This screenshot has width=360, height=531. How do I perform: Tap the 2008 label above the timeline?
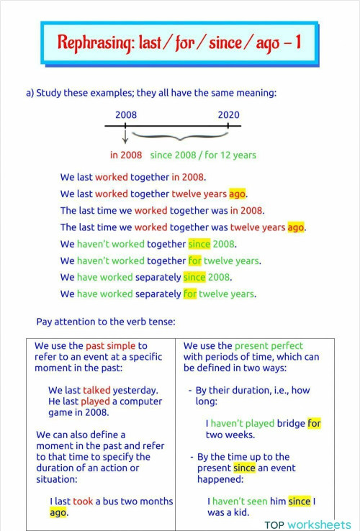coord(126,115)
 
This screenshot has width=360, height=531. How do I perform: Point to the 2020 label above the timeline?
coord(229,115)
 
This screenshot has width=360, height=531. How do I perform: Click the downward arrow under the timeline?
coord(125,136)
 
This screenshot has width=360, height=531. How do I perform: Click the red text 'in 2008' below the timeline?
coord(126,155)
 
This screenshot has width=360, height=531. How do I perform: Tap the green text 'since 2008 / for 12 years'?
coord(202,155)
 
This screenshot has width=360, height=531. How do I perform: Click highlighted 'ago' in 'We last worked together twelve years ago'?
coord(238,194)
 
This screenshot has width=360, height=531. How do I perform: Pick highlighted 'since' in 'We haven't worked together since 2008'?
coord(198,244)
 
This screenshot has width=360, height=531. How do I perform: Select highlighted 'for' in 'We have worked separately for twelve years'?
coord(189,294)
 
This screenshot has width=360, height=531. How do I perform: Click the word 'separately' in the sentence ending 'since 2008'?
coord(158,277)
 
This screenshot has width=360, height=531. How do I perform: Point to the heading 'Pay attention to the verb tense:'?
coord(106,321)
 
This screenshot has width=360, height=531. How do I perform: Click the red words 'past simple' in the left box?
coord(110,345)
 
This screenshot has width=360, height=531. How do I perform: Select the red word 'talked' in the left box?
coord(97,390)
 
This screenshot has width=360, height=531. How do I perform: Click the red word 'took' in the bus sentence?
coord(83,501)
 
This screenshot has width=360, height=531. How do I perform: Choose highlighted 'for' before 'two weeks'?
coord(314,423)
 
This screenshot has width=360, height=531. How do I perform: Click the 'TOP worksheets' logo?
coord(306,525)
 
